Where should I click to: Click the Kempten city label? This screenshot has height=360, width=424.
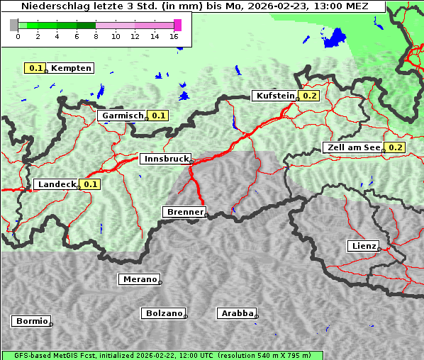(x=72, y=68)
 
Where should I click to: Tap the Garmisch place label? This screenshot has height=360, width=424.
(x=123, y=116)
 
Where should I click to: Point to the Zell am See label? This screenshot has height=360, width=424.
(x=353, y=147)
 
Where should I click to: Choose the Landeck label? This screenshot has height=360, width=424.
(x=57, y=184)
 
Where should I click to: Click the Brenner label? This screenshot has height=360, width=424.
(x=184, y=212)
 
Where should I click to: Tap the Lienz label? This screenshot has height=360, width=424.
(x=363, y=246)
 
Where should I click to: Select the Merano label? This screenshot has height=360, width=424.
(x=140, y=279)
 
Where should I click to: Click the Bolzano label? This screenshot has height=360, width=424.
(x=164, y=313)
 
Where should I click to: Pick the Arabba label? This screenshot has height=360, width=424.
(x=237, y=313)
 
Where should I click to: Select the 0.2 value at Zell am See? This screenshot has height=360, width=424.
(x=395, y=147)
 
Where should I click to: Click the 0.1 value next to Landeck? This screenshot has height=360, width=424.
(x=90, y=184)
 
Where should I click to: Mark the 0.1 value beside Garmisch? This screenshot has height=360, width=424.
(x=158, y=116)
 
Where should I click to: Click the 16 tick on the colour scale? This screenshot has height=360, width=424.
(x=174, y=36)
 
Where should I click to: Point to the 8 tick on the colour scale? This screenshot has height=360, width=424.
(x=96, y=36)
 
